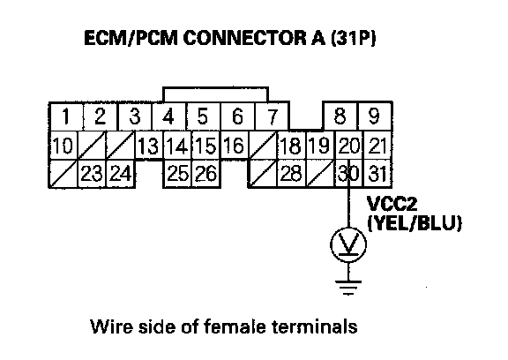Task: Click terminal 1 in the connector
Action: pyautogui.click(x=66, y=116)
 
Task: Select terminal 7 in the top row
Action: pyautogui.click(x=273, y=116)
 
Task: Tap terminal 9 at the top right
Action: pyautogui.click(x=375, y=116)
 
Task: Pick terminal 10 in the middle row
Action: pyautogui.click(x=63, y=146)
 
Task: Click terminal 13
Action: pyautogui.click(x=148, y=146)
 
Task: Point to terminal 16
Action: pyautogui.click(x=234, y=145)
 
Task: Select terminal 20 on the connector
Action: pyautogui.click(x=348, y=146)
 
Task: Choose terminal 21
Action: pyautogui.click(x=377, y=146)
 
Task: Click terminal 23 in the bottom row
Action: pyautogui.click(x=92, y=173)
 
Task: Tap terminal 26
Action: pyautogui.click(x=206, y=173)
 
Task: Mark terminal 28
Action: pyautogui.click(x=291, y=173)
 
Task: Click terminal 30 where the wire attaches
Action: pyautogui.click(x=348, y=173)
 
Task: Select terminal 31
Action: pyautogui.click(x=377, y=173)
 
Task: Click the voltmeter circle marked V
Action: pyautogui.click(x=348, y=244)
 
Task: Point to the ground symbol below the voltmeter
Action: pyautogui.click(x=348, y=288)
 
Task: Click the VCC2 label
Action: pyautogui.click(x=392, y=204)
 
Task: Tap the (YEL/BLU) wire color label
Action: pyautogui.click(x=415, y=223)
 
